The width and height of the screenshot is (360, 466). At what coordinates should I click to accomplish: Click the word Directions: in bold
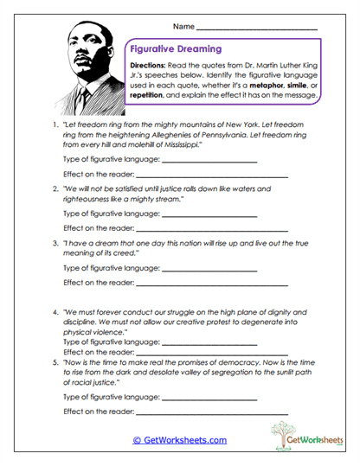tap(149, 67)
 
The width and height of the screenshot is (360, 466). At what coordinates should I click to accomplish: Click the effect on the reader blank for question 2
tap(211, 228)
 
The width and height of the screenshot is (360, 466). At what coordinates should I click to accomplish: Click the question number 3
tap(55, 243)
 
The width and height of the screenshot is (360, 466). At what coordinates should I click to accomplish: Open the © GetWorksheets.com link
tap(179, 440)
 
